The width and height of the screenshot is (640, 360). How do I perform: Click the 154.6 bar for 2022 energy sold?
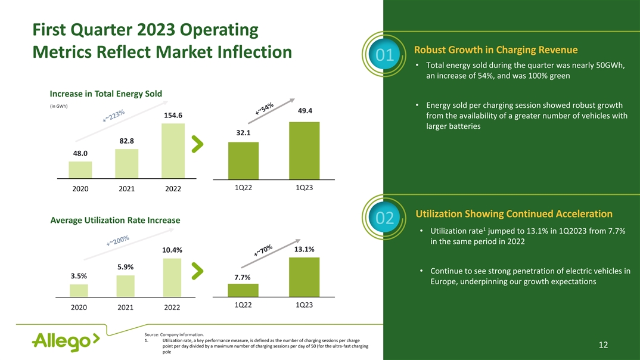[173, 151]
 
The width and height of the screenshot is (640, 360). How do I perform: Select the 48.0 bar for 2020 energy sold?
[80, 170]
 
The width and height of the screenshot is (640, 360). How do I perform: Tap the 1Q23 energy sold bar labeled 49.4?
[304, 150]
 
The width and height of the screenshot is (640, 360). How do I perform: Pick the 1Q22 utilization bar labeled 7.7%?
[243, 290]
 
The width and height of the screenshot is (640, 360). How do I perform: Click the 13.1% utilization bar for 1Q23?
[304, 277]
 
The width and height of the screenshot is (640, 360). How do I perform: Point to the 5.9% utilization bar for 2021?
[126, 285]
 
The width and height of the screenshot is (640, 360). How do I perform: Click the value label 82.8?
[126, 141]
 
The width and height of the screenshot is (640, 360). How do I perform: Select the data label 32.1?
[243, 133]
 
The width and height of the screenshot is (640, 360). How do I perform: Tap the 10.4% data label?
[172, 250]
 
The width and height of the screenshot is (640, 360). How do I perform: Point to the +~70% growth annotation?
[263, 257]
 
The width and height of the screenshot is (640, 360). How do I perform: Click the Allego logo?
[66, 342]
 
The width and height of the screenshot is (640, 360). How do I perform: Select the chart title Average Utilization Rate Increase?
[116, 221]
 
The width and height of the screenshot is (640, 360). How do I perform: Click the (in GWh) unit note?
[58, 107]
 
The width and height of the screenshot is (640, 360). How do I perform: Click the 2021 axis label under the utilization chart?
[126, 308]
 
